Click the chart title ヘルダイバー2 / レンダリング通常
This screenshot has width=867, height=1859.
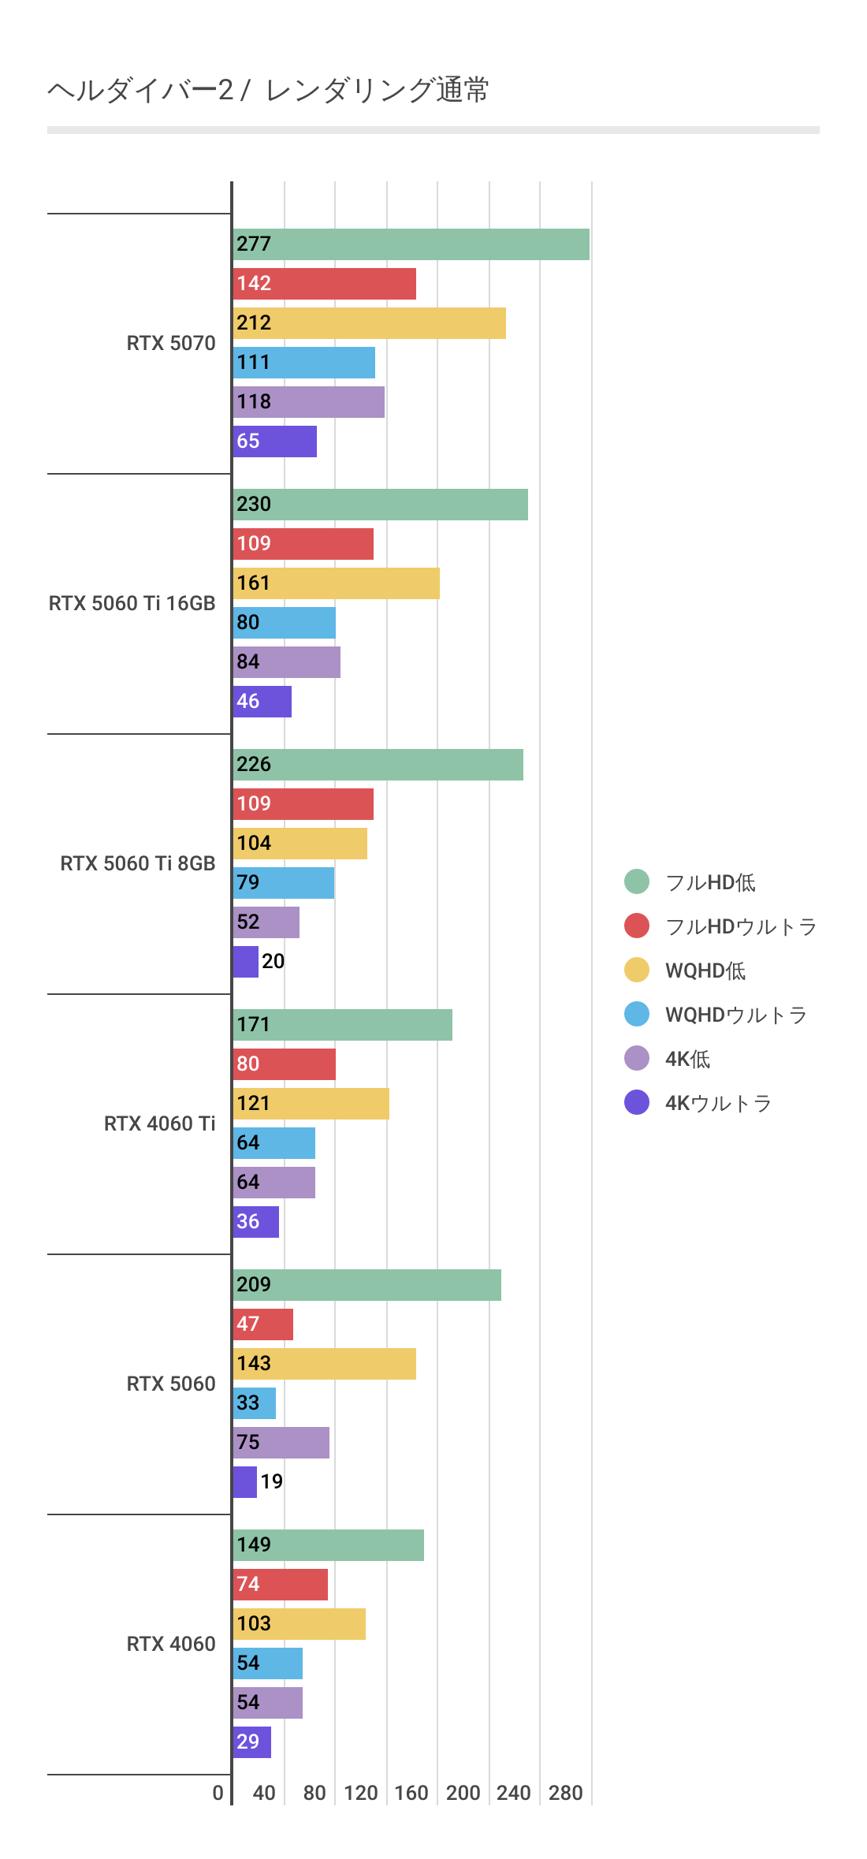(x=268, y=91)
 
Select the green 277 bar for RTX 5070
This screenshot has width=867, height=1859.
(x=411, y=244)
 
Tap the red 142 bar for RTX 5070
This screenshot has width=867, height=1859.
(x=324, y=284)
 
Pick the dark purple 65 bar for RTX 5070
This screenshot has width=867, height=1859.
(x=274, y=441)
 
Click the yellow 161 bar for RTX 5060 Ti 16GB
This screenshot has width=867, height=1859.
(x=336, y=583)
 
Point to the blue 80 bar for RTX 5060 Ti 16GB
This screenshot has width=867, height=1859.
(x=284, y=623)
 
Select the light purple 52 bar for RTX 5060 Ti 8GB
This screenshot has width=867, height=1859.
(x=266, y=922)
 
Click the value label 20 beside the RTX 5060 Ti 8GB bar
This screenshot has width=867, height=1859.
(x=273, y=961)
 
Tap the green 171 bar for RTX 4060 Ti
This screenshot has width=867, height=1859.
(x=342, y=1025)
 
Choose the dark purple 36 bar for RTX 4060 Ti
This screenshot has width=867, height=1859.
(x=255, y=1222)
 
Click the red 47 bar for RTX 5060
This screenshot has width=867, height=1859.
(x=262, y=1324)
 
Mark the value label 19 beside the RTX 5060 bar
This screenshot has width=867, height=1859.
(x=271, y=1481)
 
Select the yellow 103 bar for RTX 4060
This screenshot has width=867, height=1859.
(x=299, y=1624)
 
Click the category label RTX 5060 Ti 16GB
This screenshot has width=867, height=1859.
(x=132, y=603)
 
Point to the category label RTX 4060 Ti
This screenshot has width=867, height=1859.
(x=159, y=1123)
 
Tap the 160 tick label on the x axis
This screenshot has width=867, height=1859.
(x=411, y=1793)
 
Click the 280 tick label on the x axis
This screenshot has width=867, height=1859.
(x=565, y=1793)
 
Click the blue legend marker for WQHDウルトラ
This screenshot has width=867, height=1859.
(x=637, y=1014)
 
